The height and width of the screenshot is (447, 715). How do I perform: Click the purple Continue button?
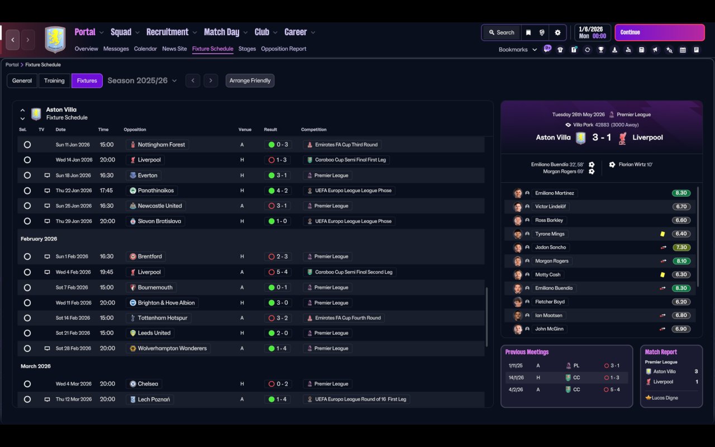(x=659, y=32)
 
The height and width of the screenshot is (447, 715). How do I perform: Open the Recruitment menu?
(x=168, y=32)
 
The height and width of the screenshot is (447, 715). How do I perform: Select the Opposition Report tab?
(x=283, y=49)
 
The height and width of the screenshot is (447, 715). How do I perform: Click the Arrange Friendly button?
(x=250, y=80)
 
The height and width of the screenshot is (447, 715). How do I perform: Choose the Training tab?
(x=54, y=80)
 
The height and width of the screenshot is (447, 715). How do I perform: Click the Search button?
(x=500, y=32)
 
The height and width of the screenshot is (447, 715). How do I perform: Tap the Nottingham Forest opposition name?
(x=161, y=145)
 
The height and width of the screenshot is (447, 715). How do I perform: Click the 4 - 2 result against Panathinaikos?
(x=282, y=191)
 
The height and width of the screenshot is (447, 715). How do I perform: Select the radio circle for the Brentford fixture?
(x=27, y=256)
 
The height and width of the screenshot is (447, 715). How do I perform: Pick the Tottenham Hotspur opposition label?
(x=163, y=318)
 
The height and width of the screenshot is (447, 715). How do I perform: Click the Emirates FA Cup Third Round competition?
(x=346, y=145)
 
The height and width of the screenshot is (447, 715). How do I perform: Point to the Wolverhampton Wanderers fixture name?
(x=172, y=349)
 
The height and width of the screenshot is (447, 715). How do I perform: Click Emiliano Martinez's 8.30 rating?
(x=681, y=193)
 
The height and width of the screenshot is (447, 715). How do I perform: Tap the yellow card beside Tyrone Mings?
(x=662, y=234)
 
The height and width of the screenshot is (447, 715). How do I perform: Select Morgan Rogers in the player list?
(x=551, y=261)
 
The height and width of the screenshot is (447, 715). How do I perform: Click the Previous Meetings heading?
(x=527, y=352)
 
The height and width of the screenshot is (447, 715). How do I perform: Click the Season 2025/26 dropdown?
(x=142, y=80)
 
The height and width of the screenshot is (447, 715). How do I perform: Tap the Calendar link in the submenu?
(x=145, y=49)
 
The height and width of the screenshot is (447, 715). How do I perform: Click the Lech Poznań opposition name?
(x=154, y=400)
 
